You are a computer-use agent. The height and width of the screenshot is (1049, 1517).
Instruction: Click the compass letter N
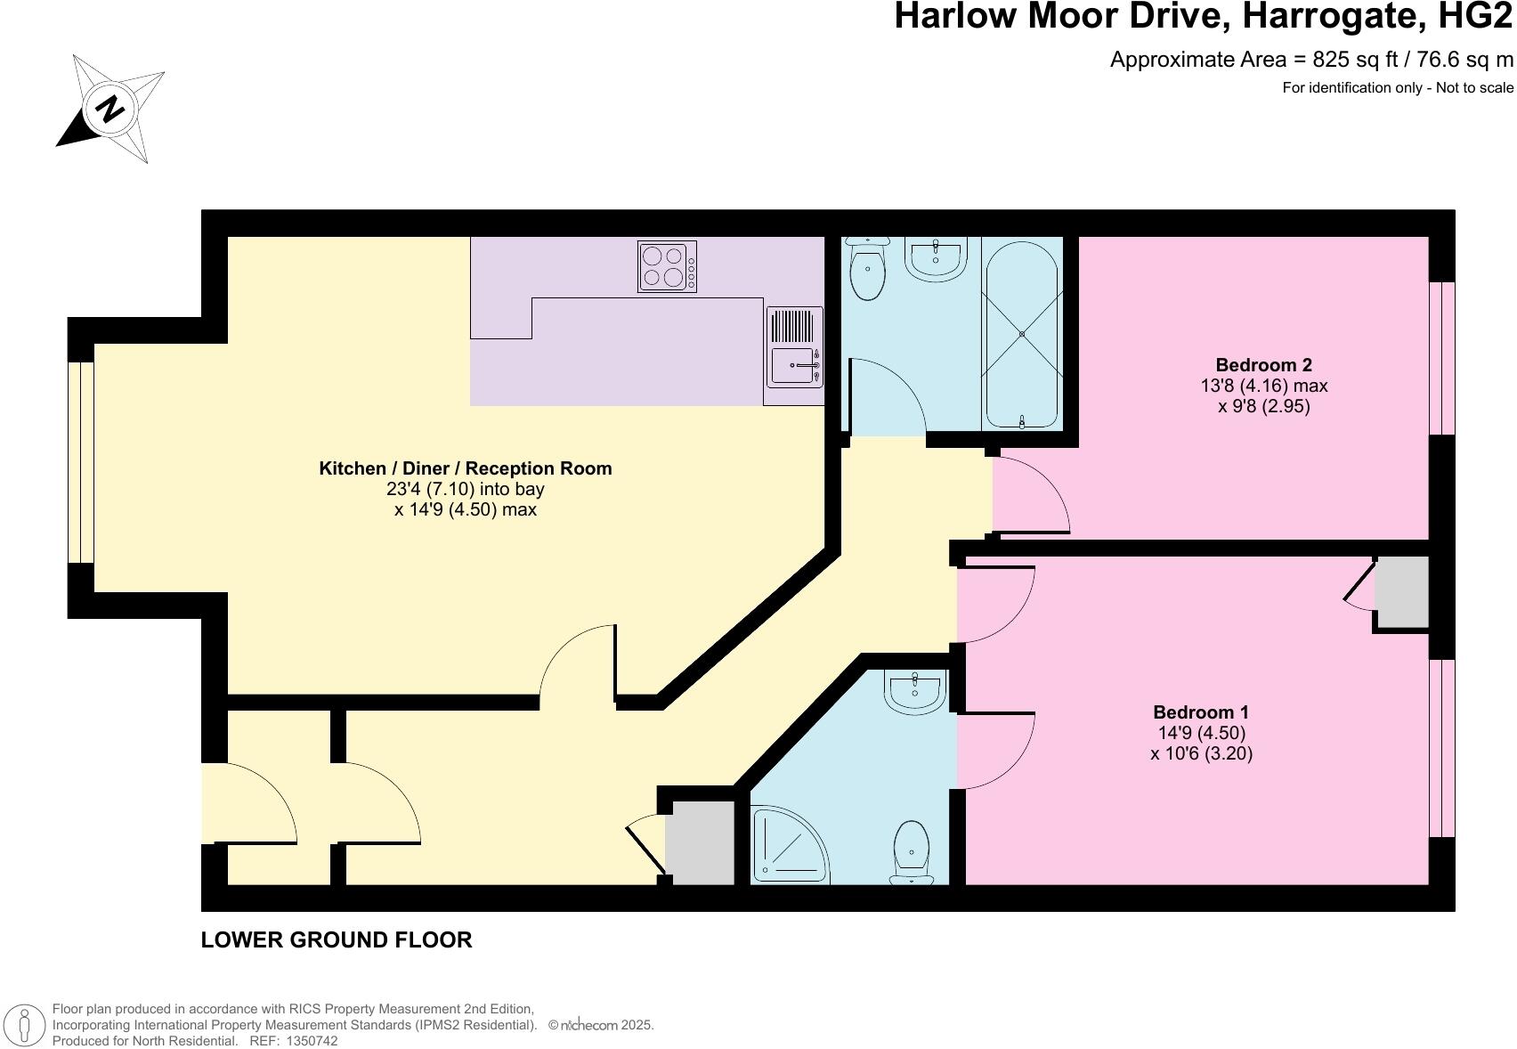point(110,109)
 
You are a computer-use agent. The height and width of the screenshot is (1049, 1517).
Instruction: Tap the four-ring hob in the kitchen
point(667,266)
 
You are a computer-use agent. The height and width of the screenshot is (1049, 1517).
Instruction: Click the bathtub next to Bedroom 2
point(1021,334)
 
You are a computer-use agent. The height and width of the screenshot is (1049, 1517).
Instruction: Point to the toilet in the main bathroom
point(866,269)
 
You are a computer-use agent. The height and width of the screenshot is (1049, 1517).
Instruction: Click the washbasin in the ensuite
point(914,691)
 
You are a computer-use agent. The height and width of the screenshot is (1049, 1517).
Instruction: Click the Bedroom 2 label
point(1263,365)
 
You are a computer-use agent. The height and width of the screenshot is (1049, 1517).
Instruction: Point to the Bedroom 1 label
point(1200,712)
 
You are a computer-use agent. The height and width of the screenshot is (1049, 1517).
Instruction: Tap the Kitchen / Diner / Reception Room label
point(465,468)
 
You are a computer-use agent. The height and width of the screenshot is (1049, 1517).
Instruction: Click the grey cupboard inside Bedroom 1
point(1401,594)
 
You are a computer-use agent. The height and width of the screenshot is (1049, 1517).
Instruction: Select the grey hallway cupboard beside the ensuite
point(700,842)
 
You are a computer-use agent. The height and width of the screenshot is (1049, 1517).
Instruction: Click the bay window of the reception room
point(81,462)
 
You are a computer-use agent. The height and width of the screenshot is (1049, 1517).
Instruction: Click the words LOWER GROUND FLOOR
point(336,939)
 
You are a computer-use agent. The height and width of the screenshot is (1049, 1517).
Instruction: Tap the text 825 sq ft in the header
point(1343,60)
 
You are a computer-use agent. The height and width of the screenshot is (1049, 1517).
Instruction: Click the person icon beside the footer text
point(25,1025)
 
